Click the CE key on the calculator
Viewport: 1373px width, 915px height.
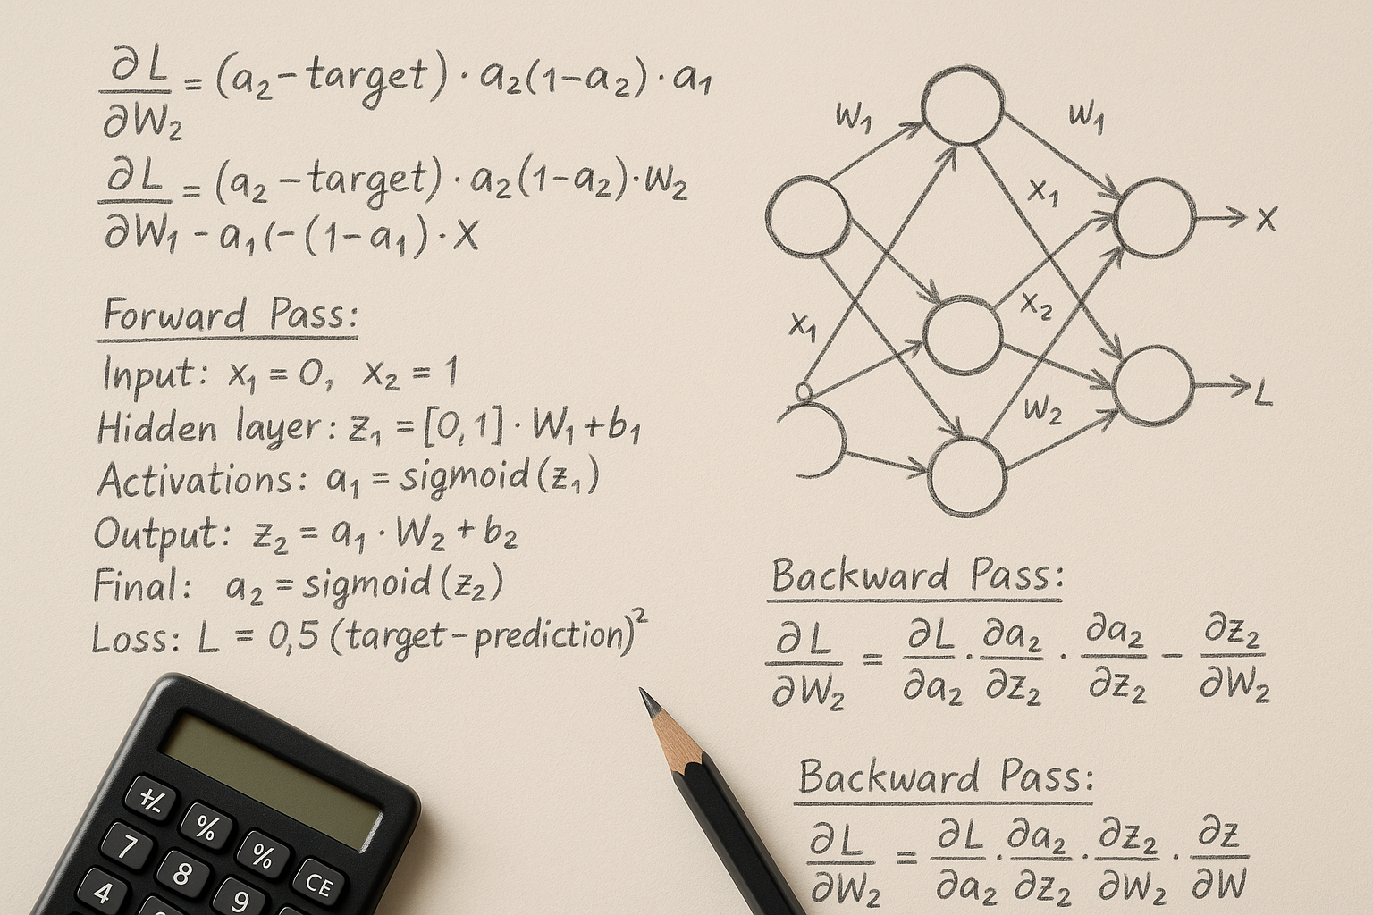click(318, 884)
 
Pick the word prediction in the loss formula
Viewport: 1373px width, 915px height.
click(552, 635)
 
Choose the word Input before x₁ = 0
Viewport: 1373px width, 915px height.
click(153, 373)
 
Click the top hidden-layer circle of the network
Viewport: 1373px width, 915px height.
click(962, 106)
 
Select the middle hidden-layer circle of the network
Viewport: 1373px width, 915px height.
click(963, 336)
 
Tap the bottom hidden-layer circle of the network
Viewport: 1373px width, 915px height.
click(967, 476)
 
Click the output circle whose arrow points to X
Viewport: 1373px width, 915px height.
click(1154, 218)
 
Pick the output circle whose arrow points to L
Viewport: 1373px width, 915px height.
click(1154, 386)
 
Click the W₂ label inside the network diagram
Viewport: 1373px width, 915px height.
click(1042, 410)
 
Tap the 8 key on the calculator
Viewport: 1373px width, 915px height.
click(181, 873)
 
